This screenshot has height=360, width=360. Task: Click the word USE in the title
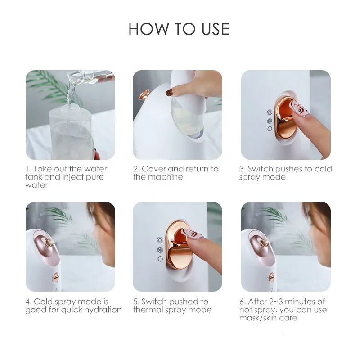(212, 29)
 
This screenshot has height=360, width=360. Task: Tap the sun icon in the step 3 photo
(270, 112)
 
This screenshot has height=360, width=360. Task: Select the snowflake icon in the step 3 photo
(270, 121)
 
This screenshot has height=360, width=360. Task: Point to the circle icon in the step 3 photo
(270, 129)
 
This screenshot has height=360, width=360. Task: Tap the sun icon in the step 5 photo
(160, 240)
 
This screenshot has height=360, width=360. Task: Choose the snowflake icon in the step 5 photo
(160, 250)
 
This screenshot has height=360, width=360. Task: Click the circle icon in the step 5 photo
(160, 259)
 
